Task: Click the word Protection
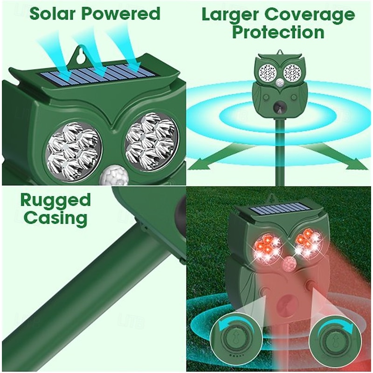[x=278, y=33]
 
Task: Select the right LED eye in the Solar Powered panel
[x=151, y=142]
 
